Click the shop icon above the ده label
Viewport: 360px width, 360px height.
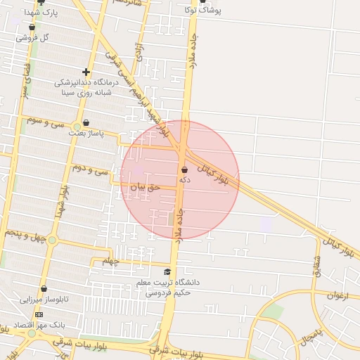184,169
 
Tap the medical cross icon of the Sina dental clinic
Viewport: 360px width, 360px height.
86,72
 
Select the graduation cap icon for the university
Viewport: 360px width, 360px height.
167,271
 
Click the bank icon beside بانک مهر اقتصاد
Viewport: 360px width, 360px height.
39,314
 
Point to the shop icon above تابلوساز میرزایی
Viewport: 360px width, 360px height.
44,289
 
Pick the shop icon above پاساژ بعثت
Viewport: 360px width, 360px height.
86,122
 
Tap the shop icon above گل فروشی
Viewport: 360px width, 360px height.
32,27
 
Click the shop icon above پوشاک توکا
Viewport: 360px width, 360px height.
203,2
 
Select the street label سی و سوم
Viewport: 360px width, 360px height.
45,122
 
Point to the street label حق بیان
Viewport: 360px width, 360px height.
146,187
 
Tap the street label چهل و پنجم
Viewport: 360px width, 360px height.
25,236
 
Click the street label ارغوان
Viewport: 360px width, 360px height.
338,295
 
